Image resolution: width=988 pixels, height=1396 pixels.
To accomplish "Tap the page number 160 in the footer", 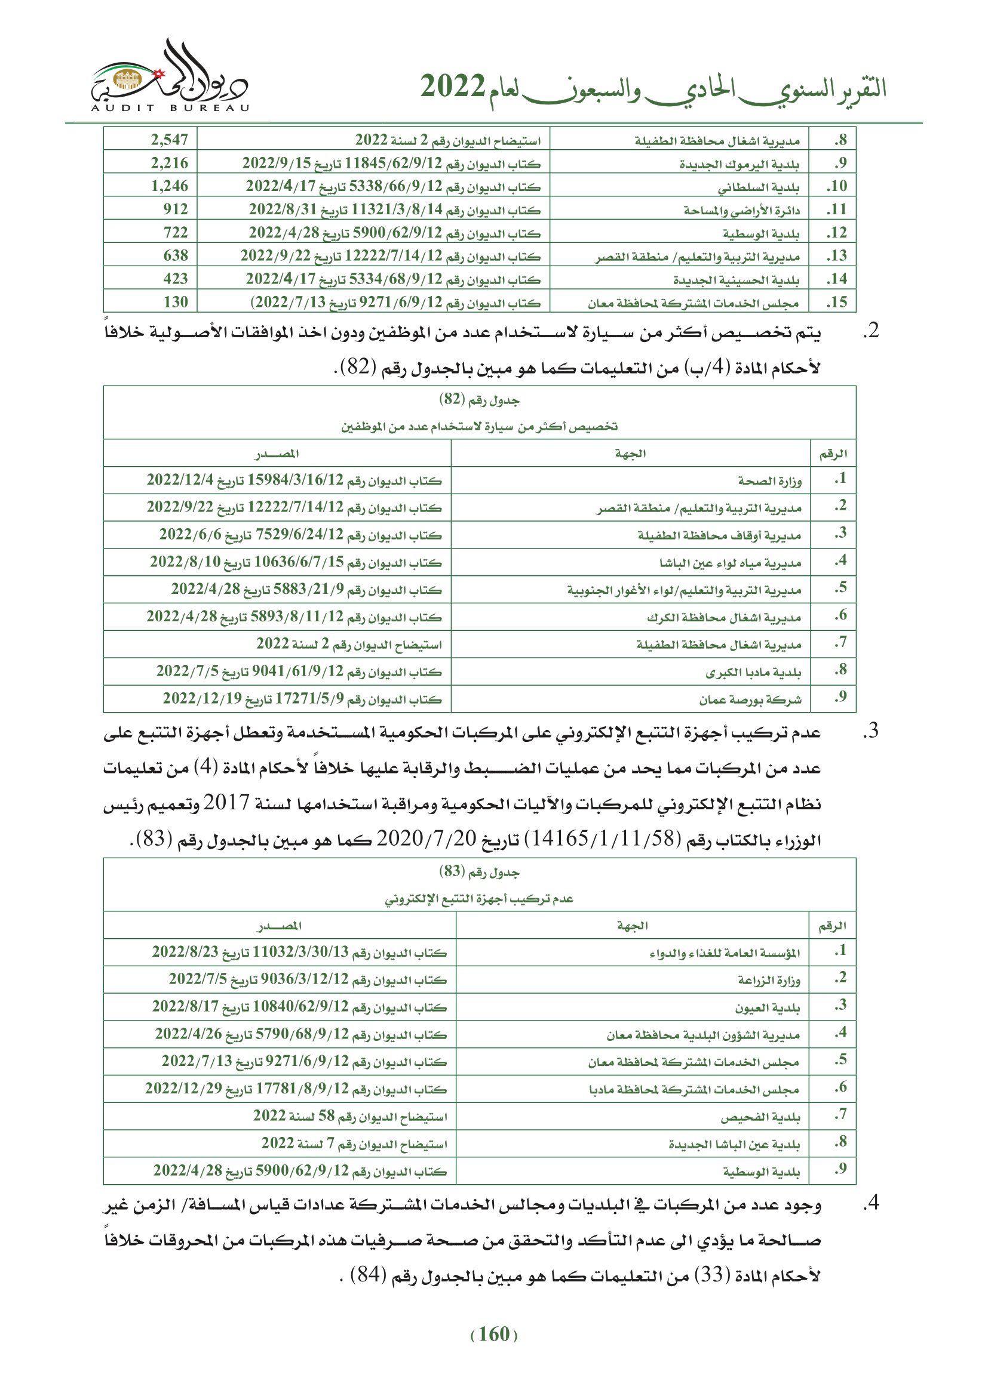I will point(493,1335).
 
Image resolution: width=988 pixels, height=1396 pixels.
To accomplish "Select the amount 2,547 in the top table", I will point(169,140).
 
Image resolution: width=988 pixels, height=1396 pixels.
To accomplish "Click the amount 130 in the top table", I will point(175,302).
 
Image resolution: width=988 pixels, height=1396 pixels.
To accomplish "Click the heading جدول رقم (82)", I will point(480,400).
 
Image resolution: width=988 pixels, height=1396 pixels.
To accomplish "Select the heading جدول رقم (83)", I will point(480,872).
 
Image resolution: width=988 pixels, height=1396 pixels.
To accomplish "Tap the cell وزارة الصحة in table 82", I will point(769,481).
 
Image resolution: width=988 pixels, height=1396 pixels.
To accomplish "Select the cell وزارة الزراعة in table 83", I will point(769,980).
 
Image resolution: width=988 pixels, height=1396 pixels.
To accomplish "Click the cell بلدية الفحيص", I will point(760,1117).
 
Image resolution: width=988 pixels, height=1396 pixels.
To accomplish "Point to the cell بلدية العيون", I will point(766,1008).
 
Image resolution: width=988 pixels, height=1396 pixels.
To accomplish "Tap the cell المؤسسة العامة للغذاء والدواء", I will point(724,953).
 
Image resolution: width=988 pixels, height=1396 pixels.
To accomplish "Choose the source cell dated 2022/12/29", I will point(296,1090).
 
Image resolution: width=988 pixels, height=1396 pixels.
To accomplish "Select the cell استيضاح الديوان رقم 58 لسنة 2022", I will point(350,1117).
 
